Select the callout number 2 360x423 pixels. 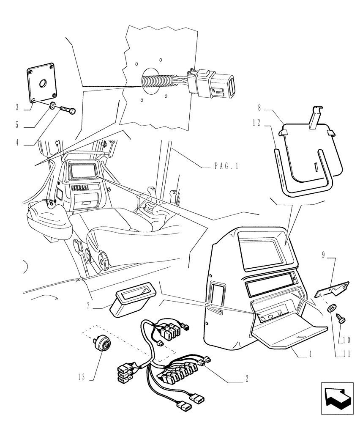coord(246,379)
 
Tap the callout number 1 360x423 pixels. coord(311,356)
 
